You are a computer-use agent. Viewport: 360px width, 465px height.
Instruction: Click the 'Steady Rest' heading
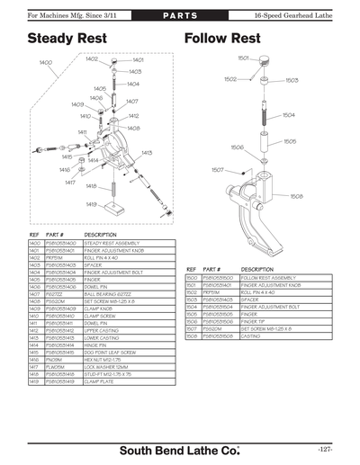[67, 40]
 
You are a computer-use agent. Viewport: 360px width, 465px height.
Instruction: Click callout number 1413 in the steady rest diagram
[147, 153]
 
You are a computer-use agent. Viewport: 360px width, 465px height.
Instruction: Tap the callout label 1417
[70, 182]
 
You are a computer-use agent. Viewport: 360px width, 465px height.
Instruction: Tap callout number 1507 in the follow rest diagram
[218, 169]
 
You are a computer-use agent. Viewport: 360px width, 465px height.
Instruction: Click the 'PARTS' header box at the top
[179, 17]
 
